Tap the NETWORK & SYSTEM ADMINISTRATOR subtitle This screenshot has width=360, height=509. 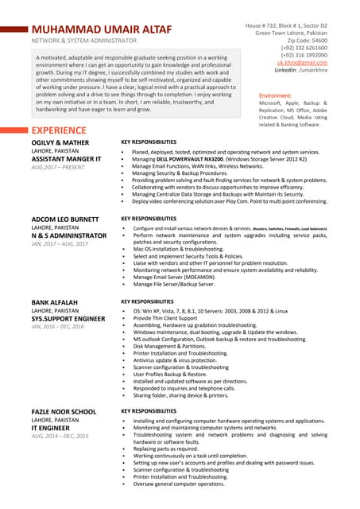[x=83, y=40]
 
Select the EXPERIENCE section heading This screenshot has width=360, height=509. [x=60, y=130]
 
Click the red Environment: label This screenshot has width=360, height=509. [x=275, y=95]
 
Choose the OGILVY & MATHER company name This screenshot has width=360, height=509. [x=61, y=142]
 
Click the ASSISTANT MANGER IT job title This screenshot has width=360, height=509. [x=66, y=159]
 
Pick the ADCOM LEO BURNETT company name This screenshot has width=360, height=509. [x=64, y=219]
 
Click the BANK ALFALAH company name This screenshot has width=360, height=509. [x=55, y=303]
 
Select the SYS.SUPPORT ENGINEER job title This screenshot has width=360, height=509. [x=68, y=318]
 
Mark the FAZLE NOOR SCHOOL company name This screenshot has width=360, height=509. [x=64, y=411]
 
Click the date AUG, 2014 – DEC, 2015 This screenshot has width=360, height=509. [x=60, y=437]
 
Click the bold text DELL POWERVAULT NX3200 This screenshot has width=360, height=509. [x=189, y=159]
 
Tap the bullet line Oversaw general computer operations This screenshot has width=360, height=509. [x=178, y=484]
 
